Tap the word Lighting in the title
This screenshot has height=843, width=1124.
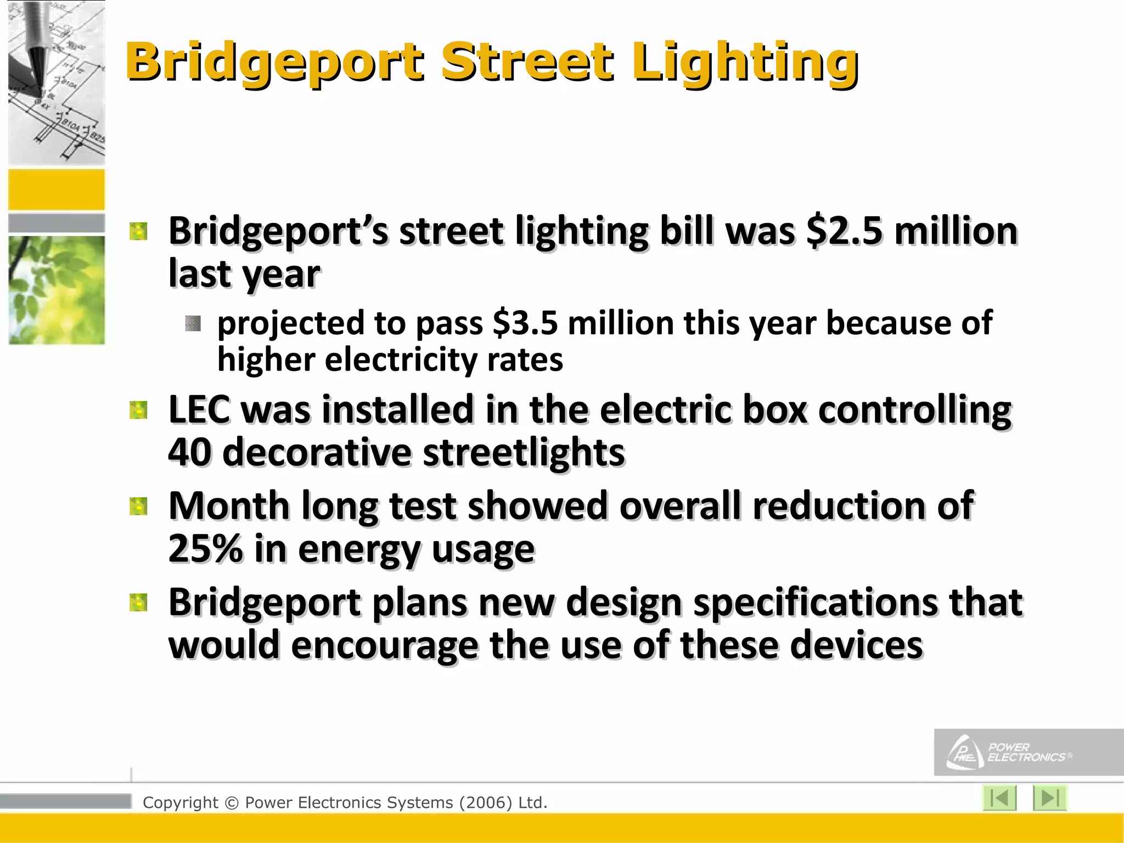pos(745,63)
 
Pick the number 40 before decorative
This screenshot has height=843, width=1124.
pos(189,452)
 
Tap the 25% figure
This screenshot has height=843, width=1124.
pos(205,548)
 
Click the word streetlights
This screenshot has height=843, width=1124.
pos(524,452)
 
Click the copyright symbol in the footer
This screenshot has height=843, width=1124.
pos(232,803)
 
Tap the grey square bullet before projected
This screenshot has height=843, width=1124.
pos(193,323)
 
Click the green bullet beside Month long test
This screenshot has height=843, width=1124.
pos(138,506)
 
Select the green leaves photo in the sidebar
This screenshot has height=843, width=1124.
pos(57,290)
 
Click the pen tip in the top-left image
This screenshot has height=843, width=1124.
pos(38,82)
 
